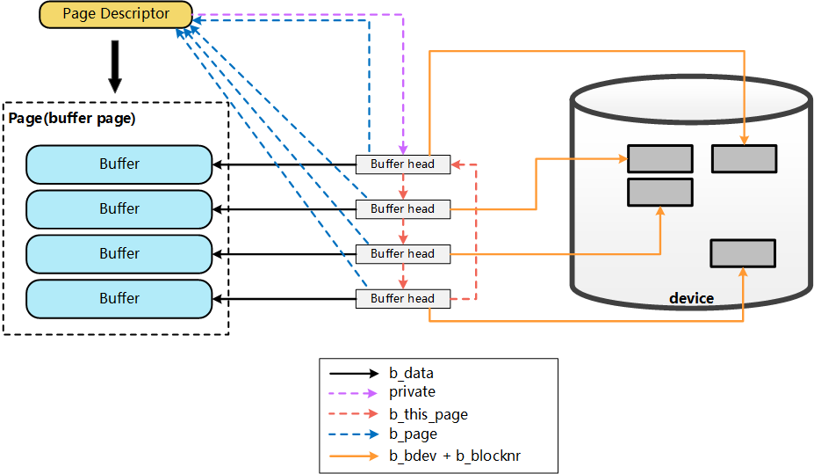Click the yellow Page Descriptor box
click(116, 14)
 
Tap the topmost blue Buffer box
click(119, 164)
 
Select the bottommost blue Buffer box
click(119, 298)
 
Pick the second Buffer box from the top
click(119, 208)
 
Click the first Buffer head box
click(402, 164)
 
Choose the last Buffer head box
click(402, 298)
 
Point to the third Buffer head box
click(402, 253)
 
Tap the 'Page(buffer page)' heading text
click(72, 117)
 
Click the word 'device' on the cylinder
click(691, 298)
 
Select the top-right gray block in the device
click(744, 158)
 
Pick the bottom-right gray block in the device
click(743, 253)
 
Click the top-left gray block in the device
click(660, 158)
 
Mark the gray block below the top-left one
click(660, 192)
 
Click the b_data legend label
click(411, 373)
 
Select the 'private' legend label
click(412, 392)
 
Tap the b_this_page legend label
click(429, 414)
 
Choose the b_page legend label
click(413, 434)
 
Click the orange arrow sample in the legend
click(355, 456)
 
